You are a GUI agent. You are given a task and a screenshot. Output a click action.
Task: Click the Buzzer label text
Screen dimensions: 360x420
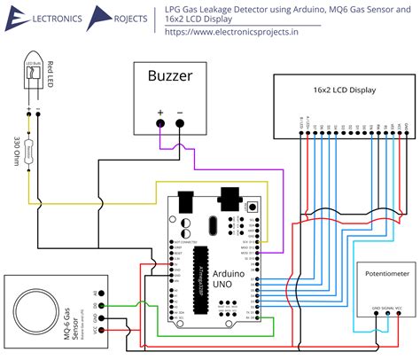coord(168,76)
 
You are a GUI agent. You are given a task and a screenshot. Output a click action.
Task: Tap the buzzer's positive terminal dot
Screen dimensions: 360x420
coord(160,123)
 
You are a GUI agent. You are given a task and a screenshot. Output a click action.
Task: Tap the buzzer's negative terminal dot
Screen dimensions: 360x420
coord(180,123)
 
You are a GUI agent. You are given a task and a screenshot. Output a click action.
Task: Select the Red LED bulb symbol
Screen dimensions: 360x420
coord(34,81)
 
